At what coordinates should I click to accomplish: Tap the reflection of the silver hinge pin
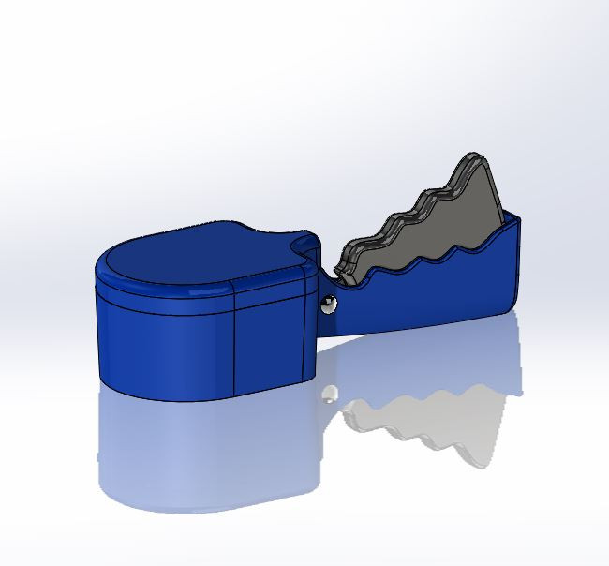point(329,395)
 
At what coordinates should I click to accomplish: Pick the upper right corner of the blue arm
point(516,219)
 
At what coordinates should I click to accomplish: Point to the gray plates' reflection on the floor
point(431,422)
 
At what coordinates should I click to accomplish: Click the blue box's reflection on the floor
point(206,459)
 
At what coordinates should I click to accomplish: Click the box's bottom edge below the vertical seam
point(231,399)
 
